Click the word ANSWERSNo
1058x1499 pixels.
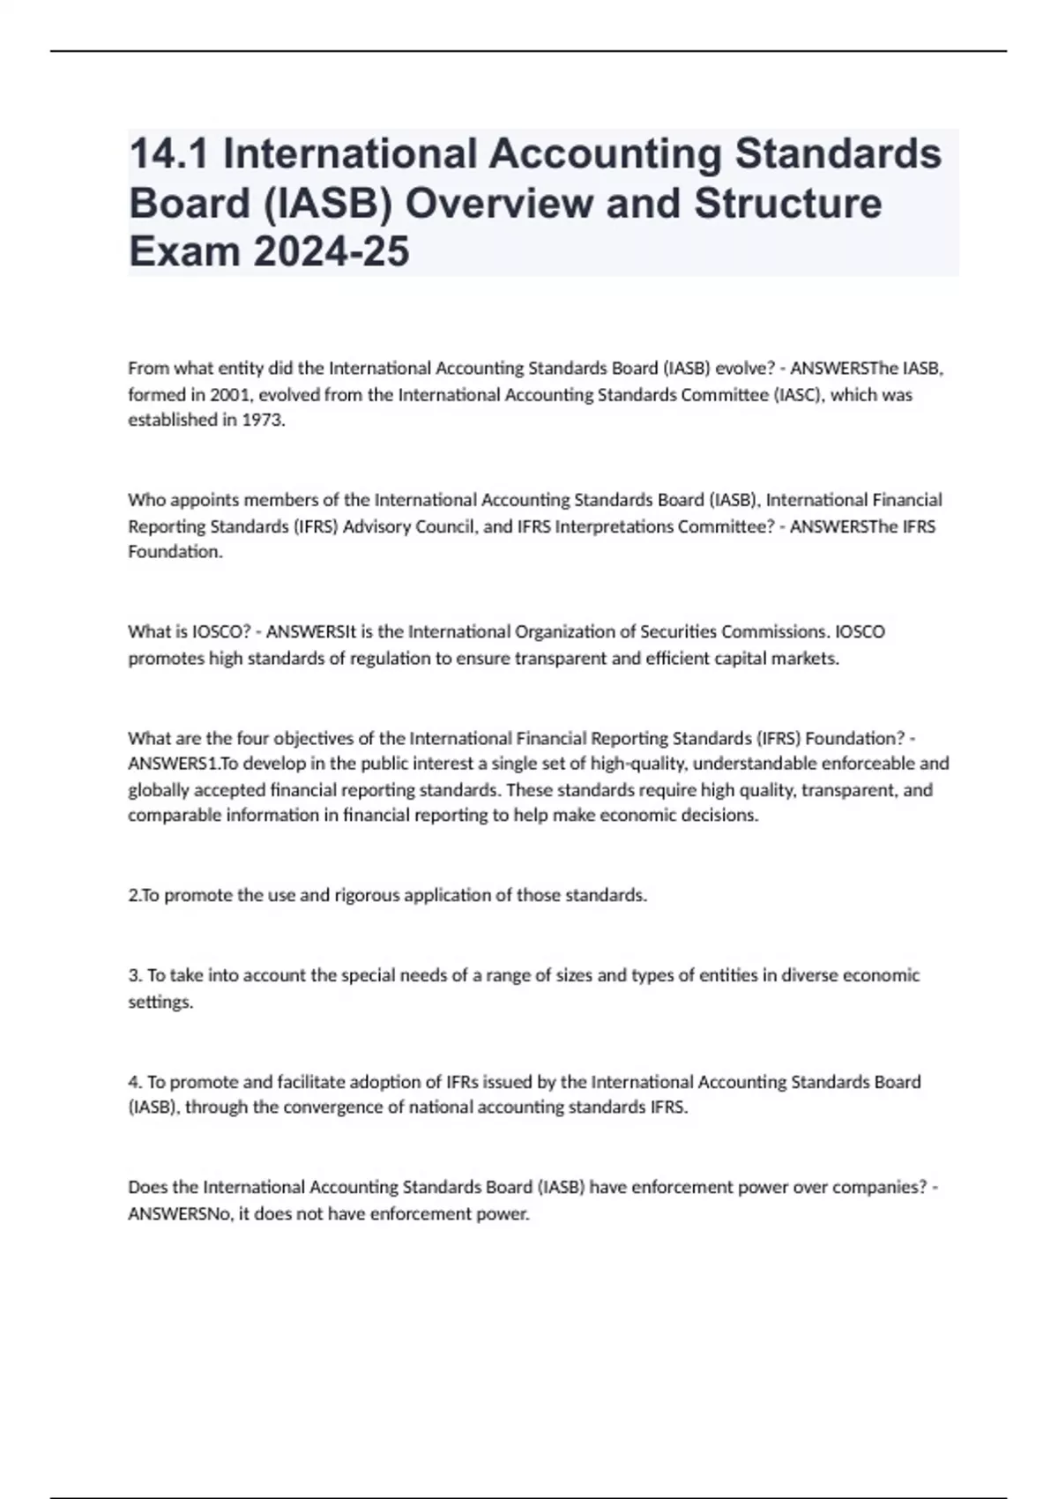coord(181,1213)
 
